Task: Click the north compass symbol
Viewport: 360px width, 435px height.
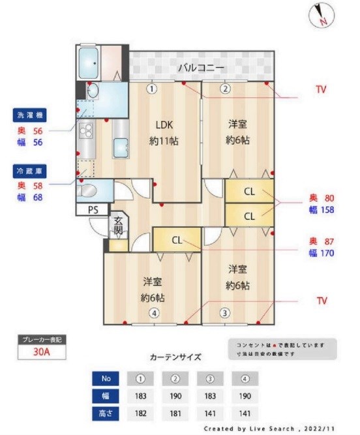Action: pos(319,15)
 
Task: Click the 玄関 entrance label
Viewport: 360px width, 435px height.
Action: pos(117,226)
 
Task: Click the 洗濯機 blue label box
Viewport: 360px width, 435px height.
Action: pos(28,115)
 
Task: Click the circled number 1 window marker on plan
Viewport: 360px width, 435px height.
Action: pos(151,89)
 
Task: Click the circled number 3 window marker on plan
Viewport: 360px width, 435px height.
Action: pos(224,312)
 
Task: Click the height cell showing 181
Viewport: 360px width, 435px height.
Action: pos(175,413)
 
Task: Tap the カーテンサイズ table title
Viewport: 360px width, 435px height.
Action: pos(175,357)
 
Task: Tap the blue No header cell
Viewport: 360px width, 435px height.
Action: pos(106,378)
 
